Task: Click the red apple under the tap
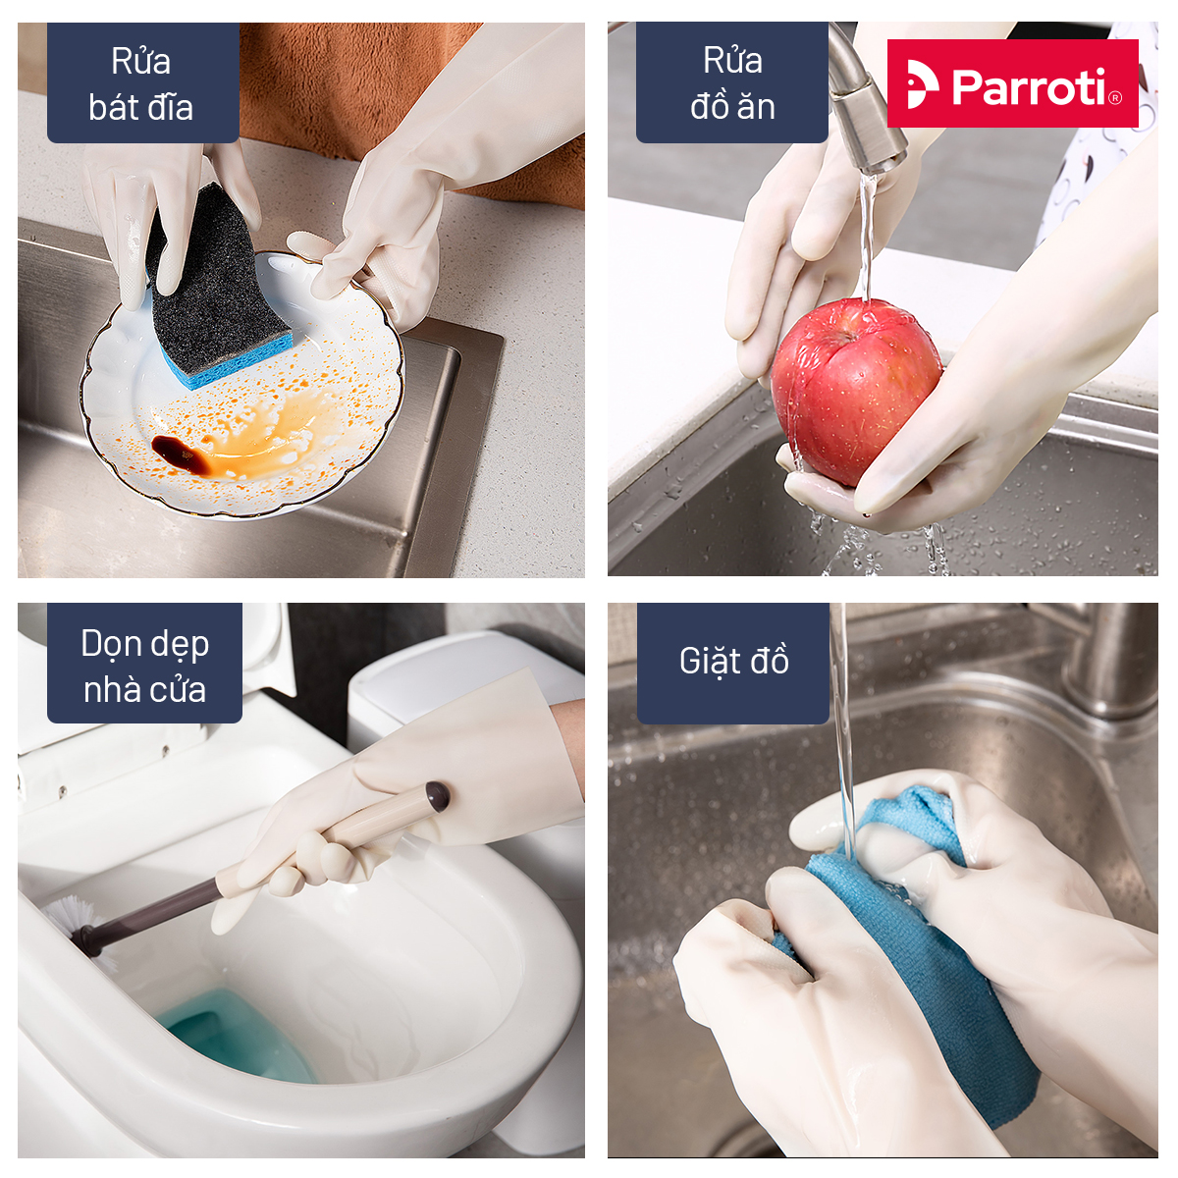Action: click(x=855, y=392)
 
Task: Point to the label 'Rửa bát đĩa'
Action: click(x=141, y=83)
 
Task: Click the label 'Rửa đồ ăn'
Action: click(x=732, y=83)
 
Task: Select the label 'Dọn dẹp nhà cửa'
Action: click(x=145, y=666)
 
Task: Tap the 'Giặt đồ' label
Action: click(x=733, y=661)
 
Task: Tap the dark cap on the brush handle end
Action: click(x=437, y=797)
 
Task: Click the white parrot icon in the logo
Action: click(x=922, y=84)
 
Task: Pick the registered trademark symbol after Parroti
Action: click(x=1114, y=97)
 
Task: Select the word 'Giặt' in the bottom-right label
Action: click(x=709, y=662)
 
